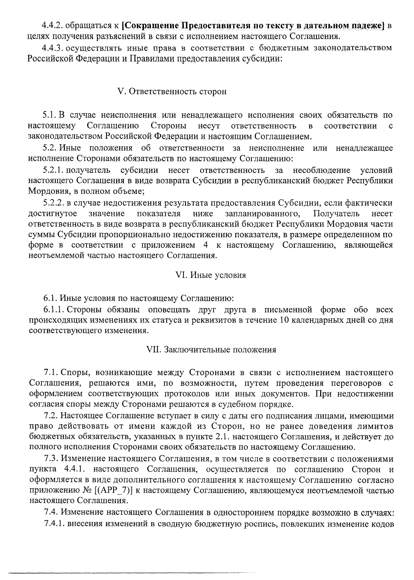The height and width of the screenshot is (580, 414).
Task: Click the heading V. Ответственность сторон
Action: [x=172, y=92]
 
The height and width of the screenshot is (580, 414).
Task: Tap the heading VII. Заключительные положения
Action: [x=211, y=350]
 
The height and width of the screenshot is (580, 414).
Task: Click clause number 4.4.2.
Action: [x=52, y=26]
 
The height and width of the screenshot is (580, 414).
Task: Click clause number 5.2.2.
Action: [x=53, y=203]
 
